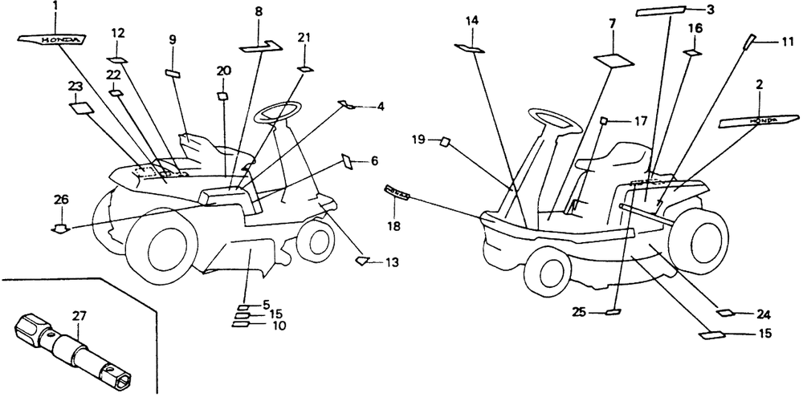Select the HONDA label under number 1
tap(52, 38)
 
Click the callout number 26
tap(60, 200)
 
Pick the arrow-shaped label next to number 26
tap(60, 229)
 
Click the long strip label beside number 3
tap(660, 11)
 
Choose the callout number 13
tap(392, 262)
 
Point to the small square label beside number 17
tap(605, 121)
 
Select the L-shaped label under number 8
tap(261, 47)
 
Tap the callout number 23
tap(75, 86)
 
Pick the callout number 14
tap(471, 21)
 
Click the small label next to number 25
tap(613, 311)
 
